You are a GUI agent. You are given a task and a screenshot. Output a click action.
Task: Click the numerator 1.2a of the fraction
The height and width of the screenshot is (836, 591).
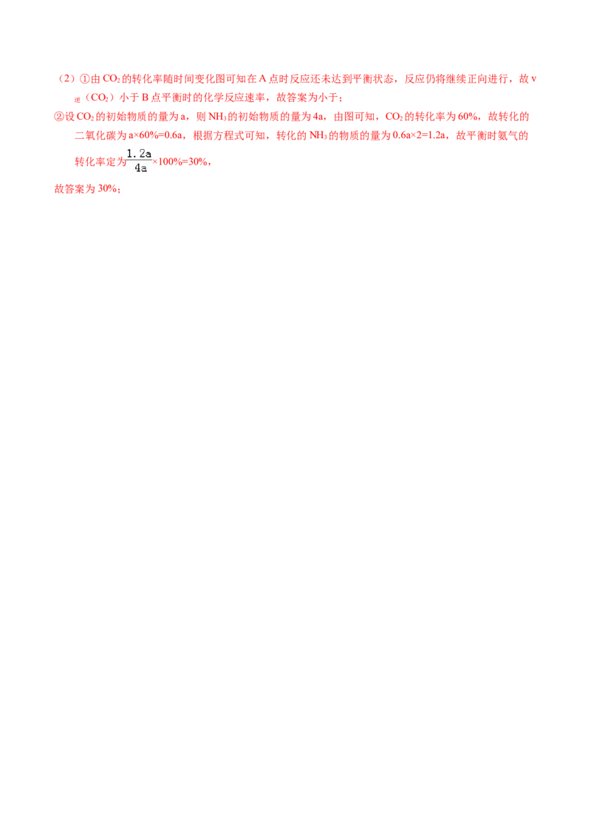tap(139, 154)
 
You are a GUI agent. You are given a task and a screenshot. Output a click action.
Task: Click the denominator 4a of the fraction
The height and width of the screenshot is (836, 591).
tap(140, 168)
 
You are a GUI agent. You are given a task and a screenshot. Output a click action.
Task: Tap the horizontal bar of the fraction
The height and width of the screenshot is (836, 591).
tap(139, 160)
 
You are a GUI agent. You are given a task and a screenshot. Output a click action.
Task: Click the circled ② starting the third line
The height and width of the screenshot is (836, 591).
tap(58, 117)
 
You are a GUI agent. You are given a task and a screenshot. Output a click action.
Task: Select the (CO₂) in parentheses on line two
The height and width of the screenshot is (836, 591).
tap(96, 97)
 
